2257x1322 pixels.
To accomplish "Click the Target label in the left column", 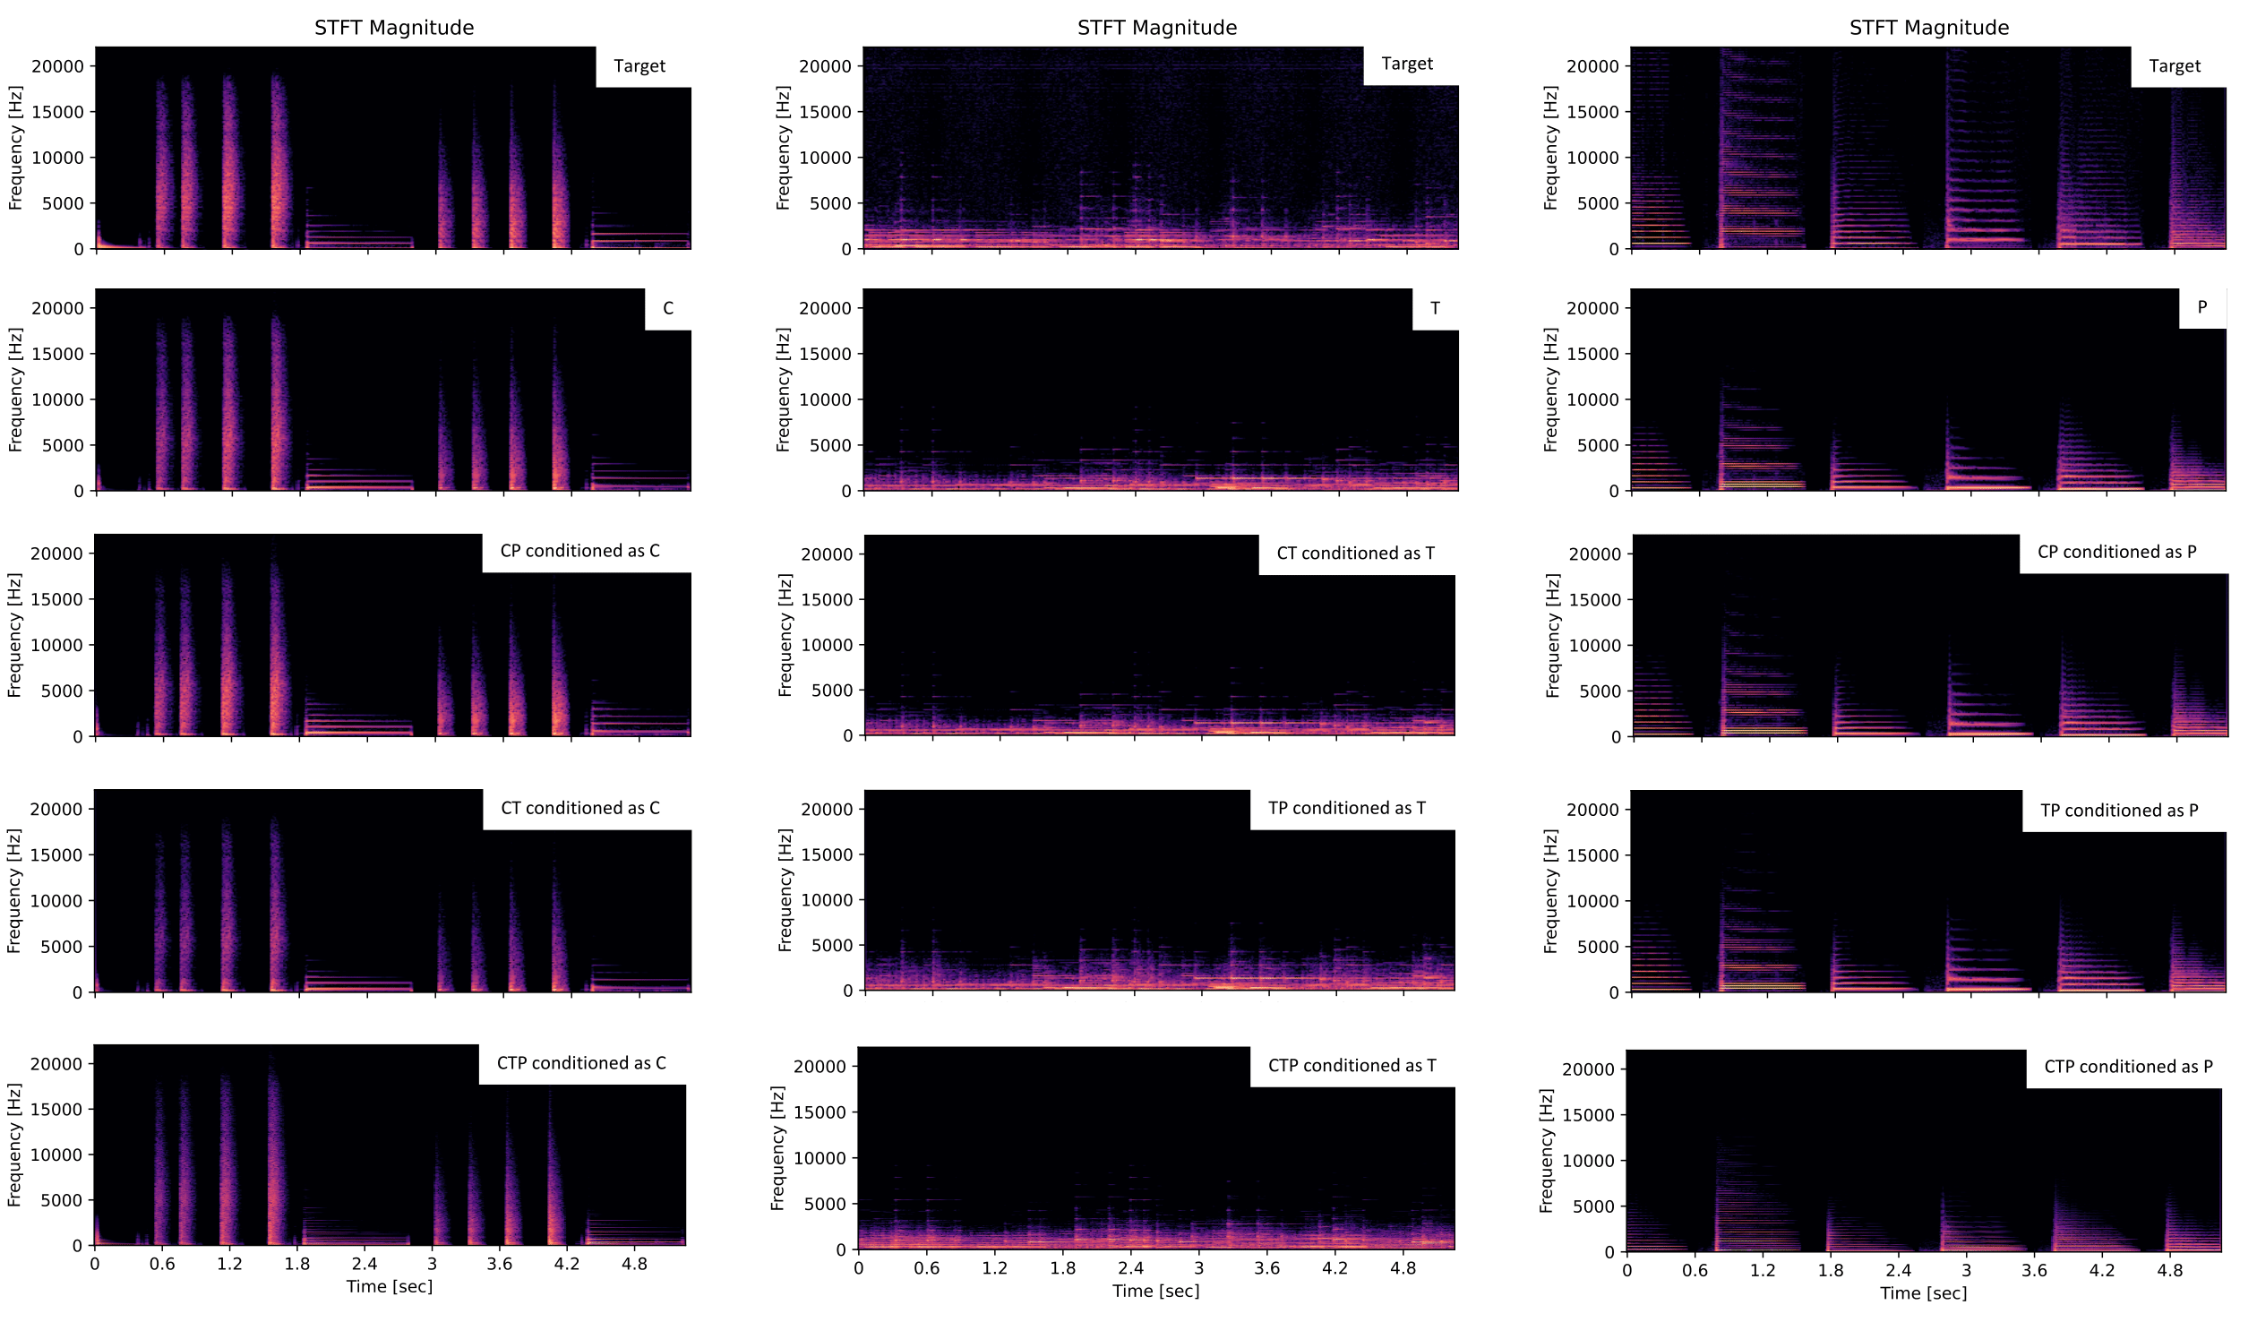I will [x=639, y=66].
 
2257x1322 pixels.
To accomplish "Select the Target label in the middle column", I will [x=1407, y=64].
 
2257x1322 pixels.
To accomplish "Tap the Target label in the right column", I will [x=2175, y=66].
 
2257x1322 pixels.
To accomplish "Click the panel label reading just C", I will [x=668, y=308].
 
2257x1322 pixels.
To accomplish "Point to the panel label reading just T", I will [x=1435, y=308].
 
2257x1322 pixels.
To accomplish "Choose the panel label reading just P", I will [x=2202, y=307].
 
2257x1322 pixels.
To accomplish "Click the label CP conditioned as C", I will [x=579, y=551].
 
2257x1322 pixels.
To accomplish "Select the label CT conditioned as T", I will [x=1355, y=554].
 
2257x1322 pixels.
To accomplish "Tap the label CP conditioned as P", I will [x=2116, y=552].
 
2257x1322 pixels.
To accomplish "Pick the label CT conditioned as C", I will [x=579, y=808].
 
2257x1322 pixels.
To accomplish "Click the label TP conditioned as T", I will [x=1346, y=808].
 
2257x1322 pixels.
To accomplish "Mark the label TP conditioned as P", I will [x=2118, y=811].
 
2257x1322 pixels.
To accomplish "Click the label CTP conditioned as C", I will [x=581, y=1063].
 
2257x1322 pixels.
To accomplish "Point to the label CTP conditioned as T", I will [x=1352, y=1066].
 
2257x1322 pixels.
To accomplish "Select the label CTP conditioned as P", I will [x=2128, y=1067].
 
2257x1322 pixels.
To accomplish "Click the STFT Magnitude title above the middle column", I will [x=1157, y=28].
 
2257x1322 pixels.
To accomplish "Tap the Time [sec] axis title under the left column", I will [x=390, y=1287].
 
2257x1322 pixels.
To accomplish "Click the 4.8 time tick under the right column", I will [x=2170, y=1271].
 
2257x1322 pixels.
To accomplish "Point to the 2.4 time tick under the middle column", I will [x=1131, y=1268].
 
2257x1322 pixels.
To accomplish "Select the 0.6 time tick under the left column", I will [x=162, y=1265].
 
